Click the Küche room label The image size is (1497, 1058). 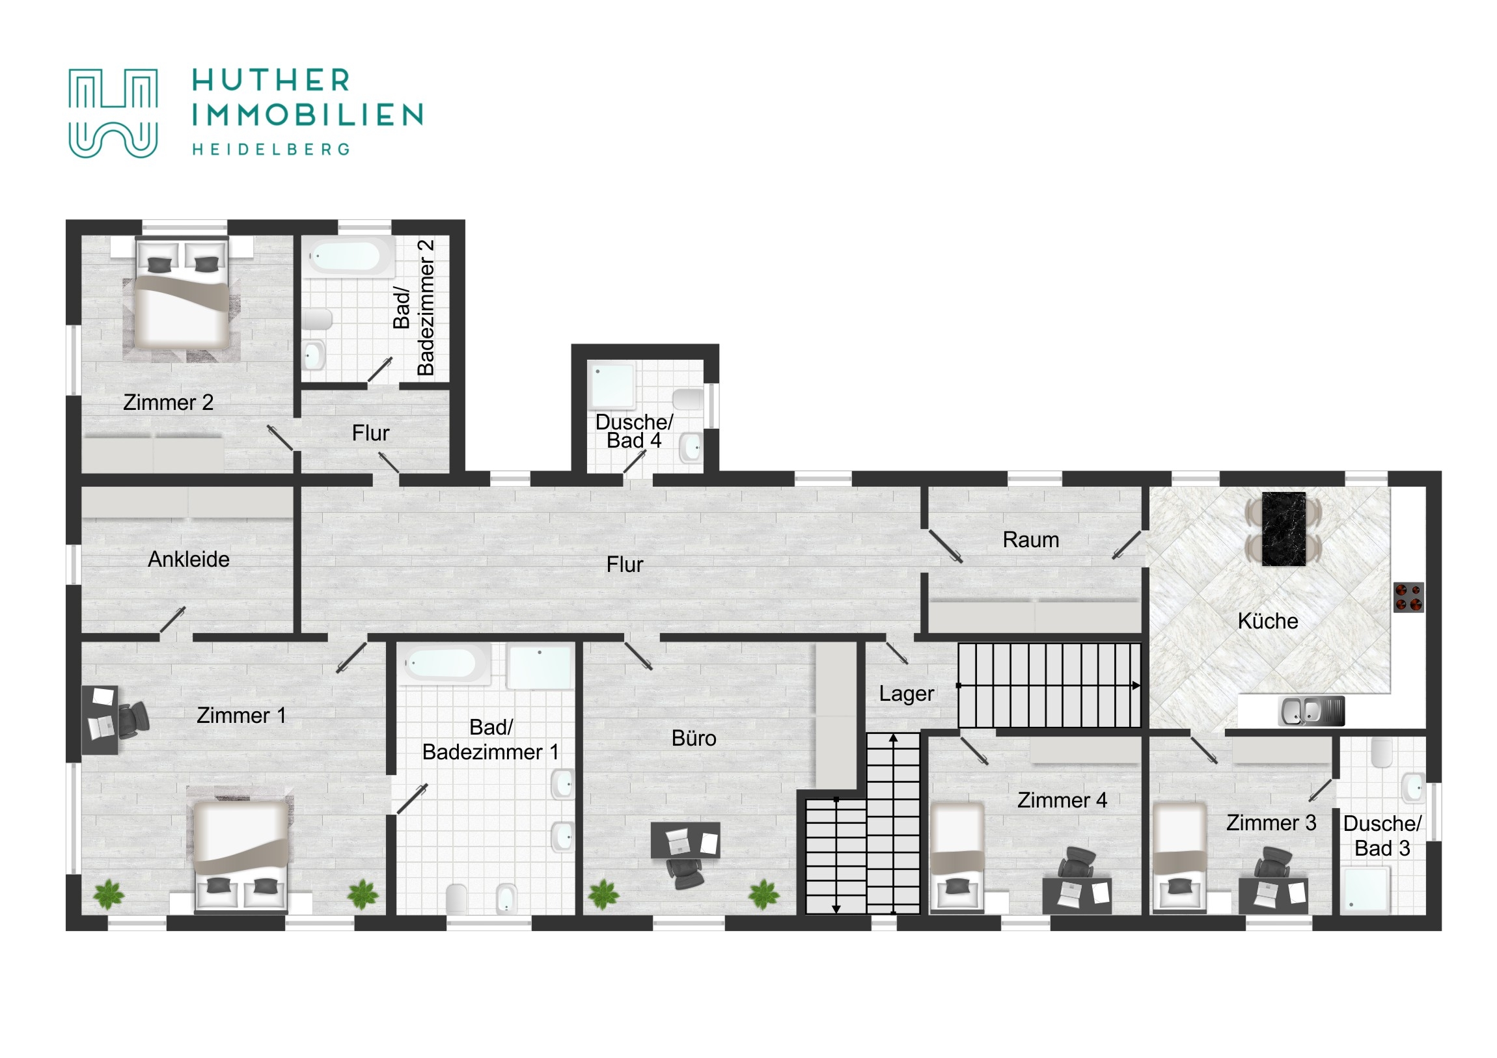click(x=1267, y=621)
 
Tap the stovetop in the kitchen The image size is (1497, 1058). click(x=1408, y=597)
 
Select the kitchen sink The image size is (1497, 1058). click(x=1312, y=711)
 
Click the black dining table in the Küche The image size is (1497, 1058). click(x=1284, y=528)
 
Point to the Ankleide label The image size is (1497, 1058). click(x=189, y=559)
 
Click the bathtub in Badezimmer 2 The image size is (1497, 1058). click(x=349, y=257)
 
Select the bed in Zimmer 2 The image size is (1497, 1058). click(x=182, y=293)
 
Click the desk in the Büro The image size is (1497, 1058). click(x=685, y=839)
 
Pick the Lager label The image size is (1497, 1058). click(x=906, y=693)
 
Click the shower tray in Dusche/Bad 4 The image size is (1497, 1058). click(x=612, y=384)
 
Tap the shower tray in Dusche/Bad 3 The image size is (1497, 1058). click(x=1365, y=889)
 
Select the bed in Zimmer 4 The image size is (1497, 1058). click(x=957, y=856)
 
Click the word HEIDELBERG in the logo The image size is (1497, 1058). click(x=271, y=149)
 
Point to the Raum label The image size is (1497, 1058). click(x=1031, y=539)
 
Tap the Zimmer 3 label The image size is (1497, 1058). click(x=1270, y=822)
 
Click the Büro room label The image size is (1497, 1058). click(x=694, y=738)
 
